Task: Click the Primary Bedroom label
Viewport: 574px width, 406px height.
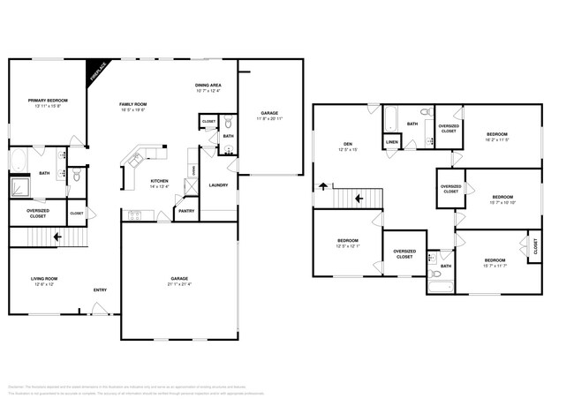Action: [48, 103]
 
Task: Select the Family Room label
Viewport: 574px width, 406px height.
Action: [133, 106]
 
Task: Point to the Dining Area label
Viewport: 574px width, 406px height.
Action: [208, 87]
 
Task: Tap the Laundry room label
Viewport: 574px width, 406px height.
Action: [218, 185]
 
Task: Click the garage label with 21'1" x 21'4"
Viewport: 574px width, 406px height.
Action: [179, 281]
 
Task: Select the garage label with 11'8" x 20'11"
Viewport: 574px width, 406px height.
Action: [269, 116]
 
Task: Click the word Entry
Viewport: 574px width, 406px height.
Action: [101, 290]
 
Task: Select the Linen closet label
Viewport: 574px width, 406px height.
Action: [391, 142]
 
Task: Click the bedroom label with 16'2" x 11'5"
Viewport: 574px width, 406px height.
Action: [497, 137]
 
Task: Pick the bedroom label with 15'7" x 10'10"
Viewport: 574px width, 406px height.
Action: [502, 199]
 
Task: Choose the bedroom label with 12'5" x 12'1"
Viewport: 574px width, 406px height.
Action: [347, 244]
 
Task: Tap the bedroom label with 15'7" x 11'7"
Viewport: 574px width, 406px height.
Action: [495, 262]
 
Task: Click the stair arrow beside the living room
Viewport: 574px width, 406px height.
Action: [57, 237]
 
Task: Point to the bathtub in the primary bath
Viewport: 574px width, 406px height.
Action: [18, 162]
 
